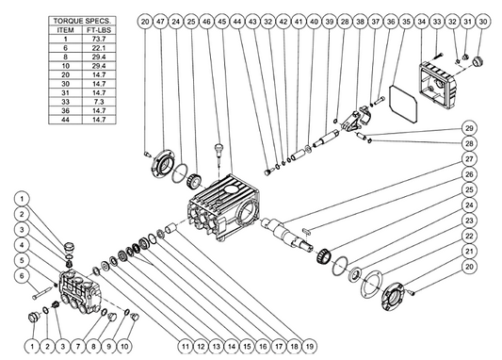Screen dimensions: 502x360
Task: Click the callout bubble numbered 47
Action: (160, 22)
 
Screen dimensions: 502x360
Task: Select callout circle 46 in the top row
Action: (206, 22)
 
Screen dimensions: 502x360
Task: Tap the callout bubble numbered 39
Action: (329, 22)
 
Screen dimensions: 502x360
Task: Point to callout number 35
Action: (406, 22)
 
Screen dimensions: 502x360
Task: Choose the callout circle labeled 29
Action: (469, 128)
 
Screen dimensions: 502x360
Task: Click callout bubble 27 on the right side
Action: (469, 159)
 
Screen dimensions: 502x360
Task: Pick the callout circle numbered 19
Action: (310, 346)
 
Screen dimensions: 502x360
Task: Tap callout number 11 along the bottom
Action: (186, 346)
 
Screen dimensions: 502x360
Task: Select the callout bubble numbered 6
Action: (22, 276)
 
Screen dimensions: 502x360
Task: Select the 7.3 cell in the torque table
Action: (99, 102)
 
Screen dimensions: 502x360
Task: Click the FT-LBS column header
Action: (99, 30)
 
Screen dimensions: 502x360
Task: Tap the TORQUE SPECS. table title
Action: (82, 21)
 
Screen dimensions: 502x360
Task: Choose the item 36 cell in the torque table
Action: (65, 111)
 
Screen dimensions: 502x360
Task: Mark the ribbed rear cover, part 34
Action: (438, 82)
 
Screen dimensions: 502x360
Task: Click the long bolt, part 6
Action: (42, 293)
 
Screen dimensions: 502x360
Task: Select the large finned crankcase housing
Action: (223, 207)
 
